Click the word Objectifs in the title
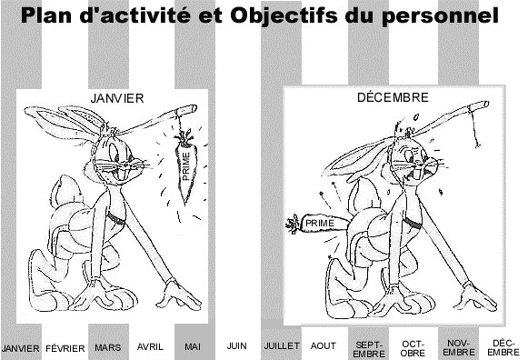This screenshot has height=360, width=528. pyautogui.click(x=284, y=15)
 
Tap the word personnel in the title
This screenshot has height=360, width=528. pyautogui.click(x=440, y=16)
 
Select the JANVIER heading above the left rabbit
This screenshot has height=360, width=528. pyautogui.click(x=117, y=98)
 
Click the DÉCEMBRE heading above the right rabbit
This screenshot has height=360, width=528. pyautogui.click(x=393, y=97)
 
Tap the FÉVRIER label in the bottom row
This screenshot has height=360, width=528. pyautogui.click(x=65, y=348)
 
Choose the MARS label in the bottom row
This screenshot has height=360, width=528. pyautogui.click(x=108, y=347)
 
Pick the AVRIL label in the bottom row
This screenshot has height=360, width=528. pyautogui.click(x=150, y=346)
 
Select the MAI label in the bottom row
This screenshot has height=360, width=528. pyautogui.click(x=193, y=346)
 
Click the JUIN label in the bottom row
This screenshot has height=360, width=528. pyautogui.click(x=236, y=345)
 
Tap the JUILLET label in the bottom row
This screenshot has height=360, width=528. pyautogui.click(x=282, y=345)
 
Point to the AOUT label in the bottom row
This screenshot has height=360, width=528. pyautogui.click(x=324, y=345)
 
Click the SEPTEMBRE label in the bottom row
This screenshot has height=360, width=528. pyautogui.click(x=369, y=349)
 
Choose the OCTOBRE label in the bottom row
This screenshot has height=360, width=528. pyautogui.click(x=413, y=348)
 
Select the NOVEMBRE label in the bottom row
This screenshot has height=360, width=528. pyautogui.click(x=459, y=348)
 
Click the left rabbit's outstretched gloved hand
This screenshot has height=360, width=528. pyautogui.click(x=177, y=294)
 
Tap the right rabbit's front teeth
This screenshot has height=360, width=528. pyautogui.click(x=417, y=175)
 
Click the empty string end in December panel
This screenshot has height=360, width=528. pyautogui.click(x=477, y=145)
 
